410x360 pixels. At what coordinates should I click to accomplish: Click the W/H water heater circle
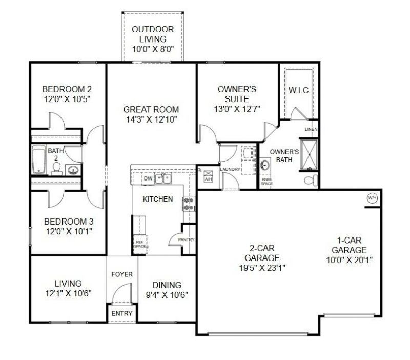[373, 198]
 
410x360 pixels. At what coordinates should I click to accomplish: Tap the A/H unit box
[208, 176]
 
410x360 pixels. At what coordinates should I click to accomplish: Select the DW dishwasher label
[148, 178]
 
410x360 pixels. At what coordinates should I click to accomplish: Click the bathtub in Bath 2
[39, 159]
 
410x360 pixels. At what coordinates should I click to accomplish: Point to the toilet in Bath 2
[56, 169]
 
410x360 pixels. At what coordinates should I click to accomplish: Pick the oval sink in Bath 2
[73, 170]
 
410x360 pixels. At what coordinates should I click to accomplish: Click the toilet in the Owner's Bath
[311, 181]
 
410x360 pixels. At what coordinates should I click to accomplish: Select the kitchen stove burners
[189, 204]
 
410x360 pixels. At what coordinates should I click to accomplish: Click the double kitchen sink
[163, 178]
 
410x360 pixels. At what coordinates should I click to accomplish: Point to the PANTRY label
[186, 239]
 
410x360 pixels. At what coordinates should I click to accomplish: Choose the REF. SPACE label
[140, 245]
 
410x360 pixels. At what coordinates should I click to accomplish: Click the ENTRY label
[122, 313]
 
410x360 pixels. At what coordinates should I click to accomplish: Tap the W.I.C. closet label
[299, 91]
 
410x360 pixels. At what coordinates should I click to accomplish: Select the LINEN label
[311, 129]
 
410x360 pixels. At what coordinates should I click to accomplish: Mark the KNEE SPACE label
[266, 182]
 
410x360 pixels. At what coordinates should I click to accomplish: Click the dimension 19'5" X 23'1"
[262, 268]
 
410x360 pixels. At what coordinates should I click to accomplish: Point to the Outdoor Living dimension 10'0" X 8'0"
[153, 49]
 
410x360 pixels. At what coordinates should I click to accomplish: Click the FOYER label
[122, 274]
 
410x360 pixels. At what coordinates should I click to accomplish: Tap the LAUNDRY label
[230, 169]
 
